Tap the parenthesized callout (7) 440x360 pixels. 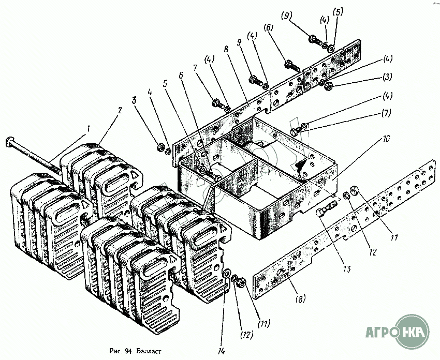[386, 112]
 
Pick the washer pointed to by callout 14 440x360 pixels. [227, 274]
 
